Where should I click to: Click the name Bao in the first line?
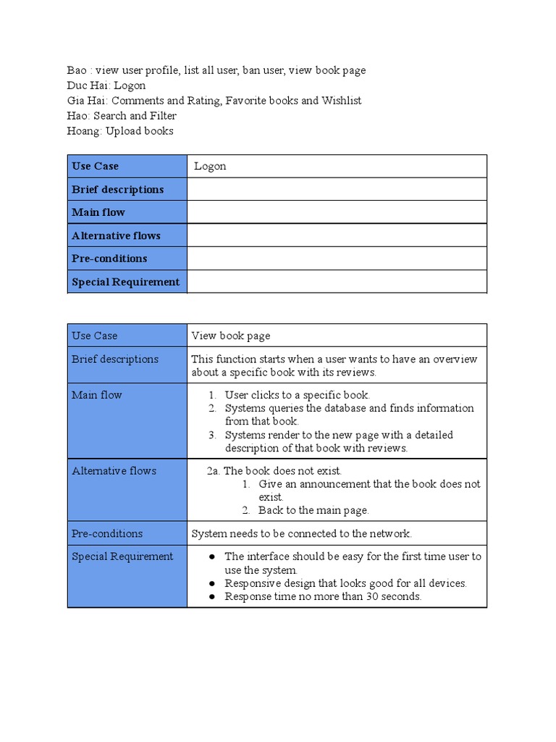click(76, 70)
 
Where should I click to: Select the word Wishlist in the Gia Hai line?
click(340, 101)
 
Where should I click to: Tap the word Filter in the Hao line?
click(163, 116)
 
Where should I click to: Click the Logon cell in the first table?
click(210, 166)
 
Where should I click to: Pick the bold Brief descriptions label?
click(117, 189)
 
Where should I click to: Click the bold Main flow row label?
click(98, 212)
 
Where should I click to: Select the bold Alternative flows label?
click(116, 235)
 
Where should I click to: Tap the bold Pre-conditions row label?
click(109, 259)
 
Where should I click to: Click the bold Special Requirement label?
click(125, 282)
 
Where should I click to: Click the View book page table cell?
click(230, 335)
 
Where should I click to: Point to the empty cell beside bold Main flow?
click(337, 212)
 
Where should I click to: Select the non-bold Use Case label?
click(94, 335)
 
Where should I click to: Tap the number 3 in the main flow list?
click(211, 435)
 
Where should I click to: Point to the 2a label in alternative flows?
click(213, 471)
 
